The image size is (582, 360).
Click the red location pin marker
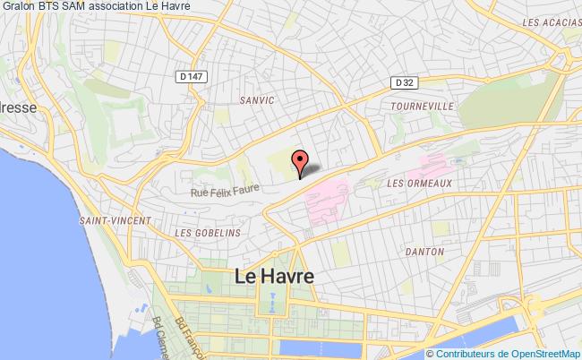click(x=300, y=159)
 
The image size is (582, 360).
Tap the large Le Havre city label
click(x=273, y=277)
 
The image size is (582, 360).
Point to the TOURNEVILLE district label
click(x=417, y=106)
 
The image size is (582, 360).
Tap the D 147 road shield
click(x=193, y=77)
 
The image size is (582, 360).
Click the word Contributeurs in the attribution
click(x=464, y=354)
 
